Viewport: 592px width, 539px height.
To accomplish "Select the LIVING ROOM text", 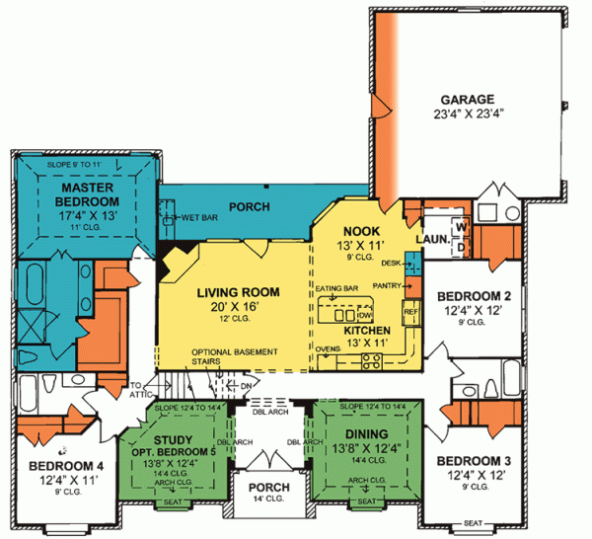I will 237,292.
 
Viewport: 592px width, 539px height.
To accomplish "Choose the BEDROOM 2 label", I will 474,296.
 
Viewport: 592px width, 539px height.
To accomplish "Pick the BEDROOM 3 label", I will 474,462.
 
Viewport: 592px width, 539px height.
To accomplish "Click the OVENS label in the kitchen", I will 328,347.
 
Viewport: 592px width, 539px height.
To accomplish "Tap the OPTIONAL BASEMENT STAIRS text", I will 235,357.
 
